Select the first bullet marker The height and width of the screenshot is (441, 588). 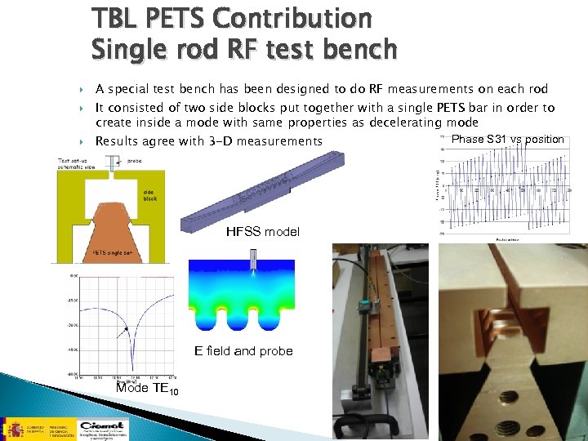pos(83,89)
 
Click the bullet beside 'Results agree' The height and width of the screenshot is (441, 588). pos(83,141)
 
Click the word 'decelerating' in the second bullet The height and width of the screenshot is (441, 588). pos(390,122)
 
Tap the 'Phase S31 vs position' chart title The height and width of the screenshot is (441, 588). pos(507,139)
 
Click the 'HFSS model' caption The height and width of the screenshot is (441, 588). pos(263,232)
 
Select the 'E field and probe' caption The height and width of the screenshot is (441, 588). pos(244,351)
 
